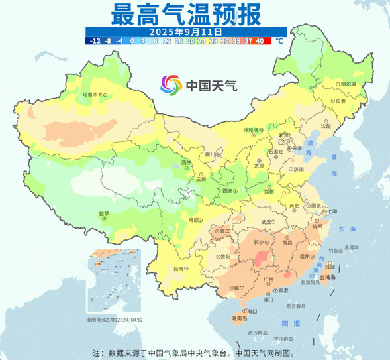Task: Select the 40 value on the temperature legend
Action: pos(260,40)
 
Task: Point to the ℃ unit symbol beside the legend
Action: pos(279,41)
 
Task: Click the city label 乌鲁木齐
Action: pos(93,95)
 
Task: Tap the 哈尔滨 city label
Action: pos(329,84)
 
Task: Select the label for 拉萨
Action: pos(103,213)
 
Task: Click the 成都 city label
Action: pos(193,219)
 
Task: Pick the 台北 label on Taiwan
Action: pos(338,267)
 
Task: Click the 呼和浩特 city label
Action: pos(253,129)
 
